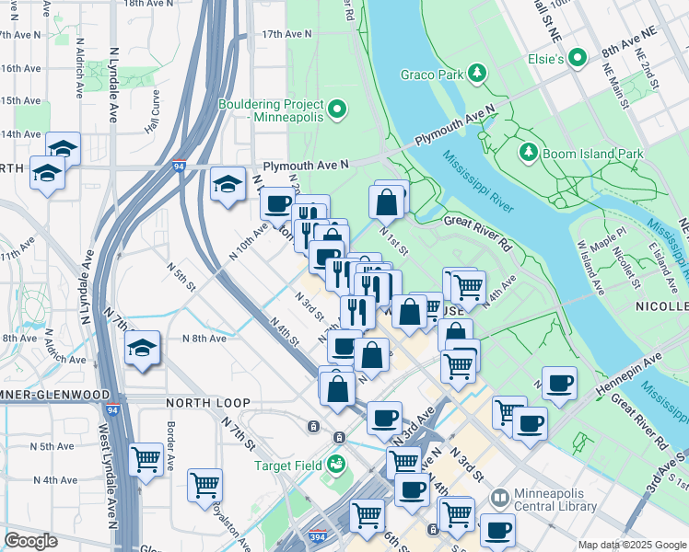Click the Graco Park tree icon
pyautogui.click(x=477, y=73)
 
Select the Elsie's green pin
pyautogui.click(x=578, y=58)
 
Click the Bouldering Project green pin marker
pyautogui.click(x=336, y=110)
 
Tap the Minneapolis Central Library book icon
pyautogui.click(x=499, y=499)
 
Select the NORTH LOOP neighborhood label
pyautogui.click(x=203, y=403)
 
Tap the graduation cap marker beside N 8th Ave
pyautogui.click(x=142, y=349)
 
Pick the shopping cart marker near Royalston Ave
pyautogui.click(x=204, y=484)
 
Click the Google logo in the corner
pyautogui.click(x=31, y=540)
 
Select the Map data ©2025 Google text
pyautogui.click(x=631, y=545)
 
